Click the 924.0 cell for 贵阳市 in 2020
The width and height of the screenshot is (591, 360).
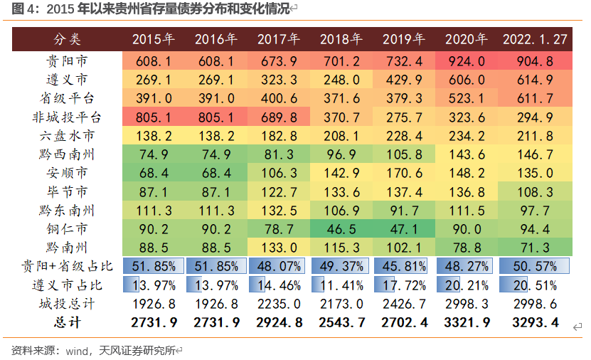click(x=466, y=60)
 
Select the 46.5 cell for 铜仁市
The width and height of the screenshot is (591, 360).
click(x=341, y=229)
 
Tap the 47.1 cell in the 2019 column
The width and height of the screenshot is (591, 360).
click(x=403, y=229)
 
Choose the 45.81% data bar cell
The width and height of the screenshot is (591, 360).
click(x=403, y=266)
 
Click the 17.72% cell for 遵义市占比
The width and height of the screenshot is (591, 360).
click(x=403, y=285)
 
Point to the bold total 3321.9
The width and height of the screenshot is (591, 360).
click(x=466, y=323)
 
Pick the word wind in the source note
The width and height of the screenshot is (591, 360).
click(x=76, y=350)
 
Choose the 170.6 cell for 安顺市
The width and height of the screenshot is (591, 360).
click(x=403, y=173)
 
